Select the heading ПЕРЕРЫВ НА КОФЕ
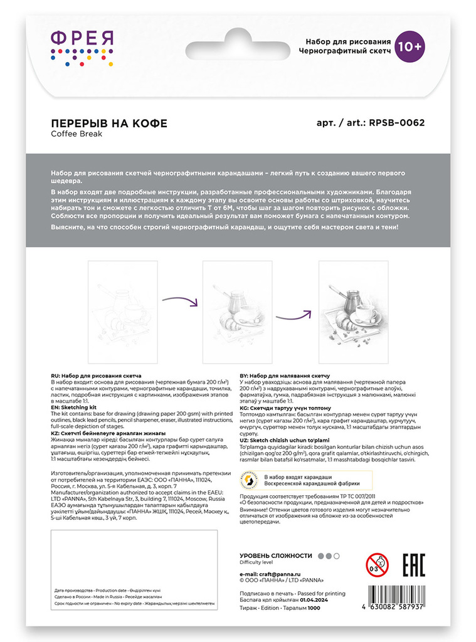click(108, 123)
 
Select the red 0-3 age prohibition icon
click(377, 565)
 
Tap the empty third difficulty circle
click(337, 555)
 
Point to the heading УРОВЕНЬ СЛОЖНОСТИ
click(276, 555)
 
